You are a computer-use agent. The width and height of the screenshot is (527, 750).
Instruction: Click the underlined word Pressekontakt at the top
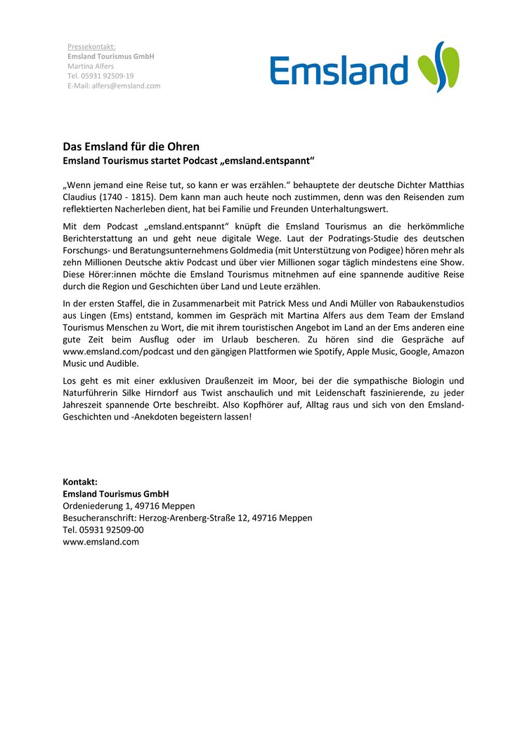click(91, 46)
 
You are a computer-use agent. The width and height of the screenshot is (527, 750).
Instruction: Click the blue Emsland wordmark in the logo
click(339, 71)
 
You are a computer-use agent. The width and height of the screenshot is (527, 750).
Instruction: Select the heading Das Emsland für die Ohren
click(131, 147)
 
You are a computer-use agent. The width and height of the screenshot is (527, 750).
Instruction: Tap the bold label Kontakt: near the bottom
click(80, 482)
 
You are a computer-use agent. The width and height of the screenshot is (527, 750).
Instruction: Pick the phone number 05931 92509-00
click(111, 530)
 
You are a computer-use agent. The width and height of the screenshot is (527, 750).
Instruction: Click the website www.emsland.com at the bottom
click(101, 542)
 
